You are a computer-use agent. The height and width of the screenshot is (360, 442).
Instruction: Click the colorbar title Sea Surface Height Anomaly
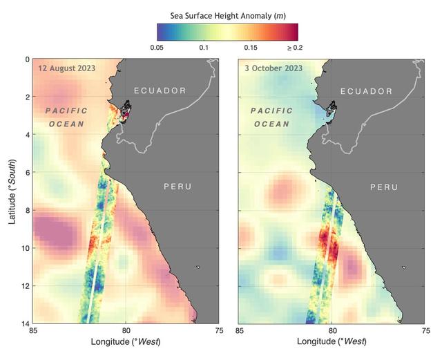click(x=227, y=15)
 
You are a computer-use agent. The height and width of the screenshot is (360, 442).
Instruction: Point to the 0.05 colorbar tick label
click(x=157, y=48)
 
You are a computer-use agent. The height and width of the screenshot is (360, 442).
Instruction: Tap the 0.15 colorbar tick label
click(x=251, y=48)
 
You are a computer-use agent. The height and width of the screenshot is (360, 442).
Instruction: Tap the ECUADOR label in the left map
click(x=160, y=91)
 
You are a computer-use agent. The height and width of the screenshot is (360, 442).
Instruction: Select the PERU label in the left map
click(x=177, y=187)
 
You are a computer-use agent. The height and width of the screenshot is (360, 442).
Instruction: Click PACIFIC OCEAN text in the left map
click(x=66, y=117)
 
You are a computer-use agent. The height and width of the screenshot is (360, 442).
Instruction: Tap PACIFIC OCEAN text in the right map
click(x=271, y=117)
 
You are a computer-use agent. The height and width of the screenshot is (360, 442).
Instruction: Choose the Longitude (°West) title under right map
click(x=331, y=342)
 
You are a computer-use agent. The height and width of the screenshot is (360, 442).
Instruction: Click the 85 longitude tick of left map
click(x=32, y=332)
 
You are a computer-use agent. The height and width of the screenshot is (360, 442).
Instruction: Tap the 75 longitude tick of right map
click(x=424, y=332)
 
